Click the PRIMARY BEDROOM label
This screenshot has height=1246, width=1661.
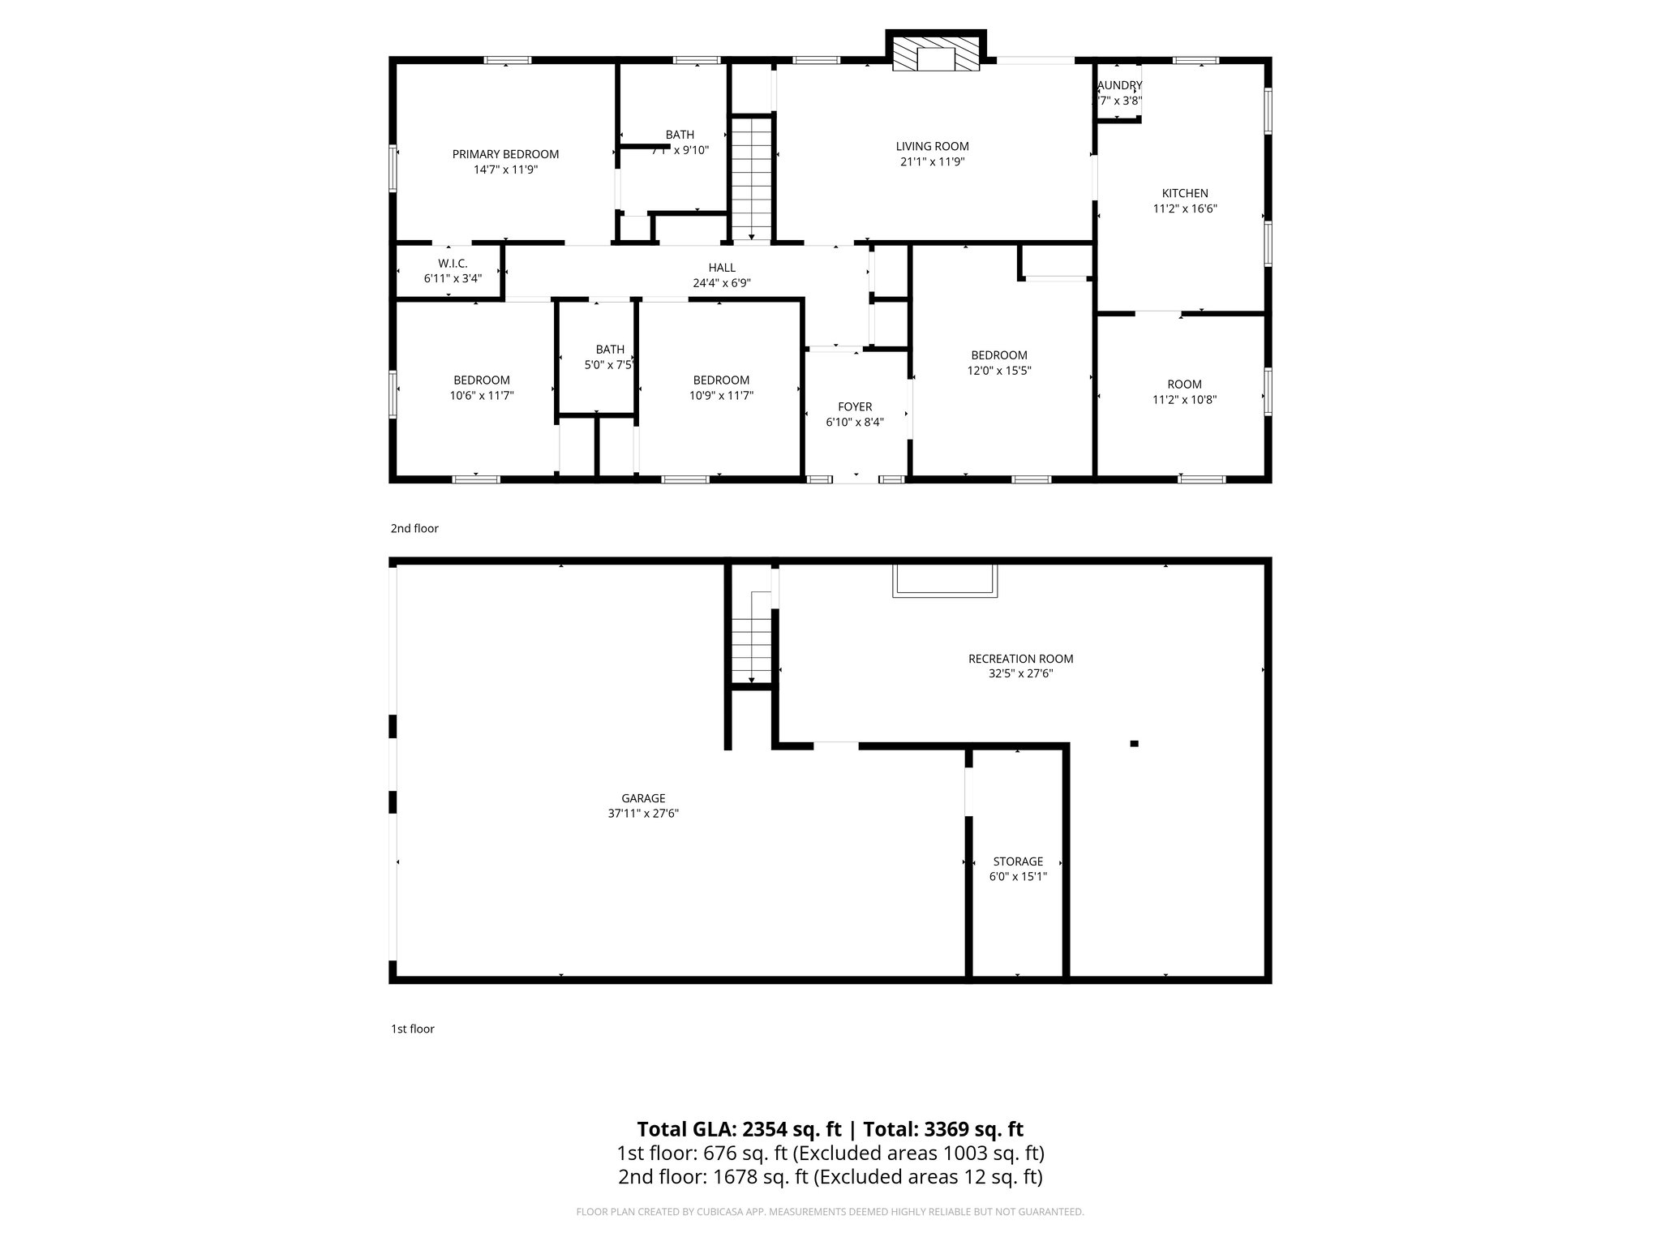[x=505, y=154]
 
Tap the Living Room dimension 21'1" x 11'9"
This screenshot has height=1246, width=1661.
[x=932, y=161]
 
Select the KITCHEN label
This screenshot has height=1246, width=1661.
[x=1185, y=193]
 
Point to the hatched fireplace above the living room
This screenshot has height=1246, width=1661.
[x=936, y=54]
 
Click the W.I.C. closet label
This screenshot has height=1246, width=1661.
[x=453, y=264]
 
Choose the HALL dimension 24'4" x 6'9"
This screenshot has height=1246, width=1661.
[x=722, y=283]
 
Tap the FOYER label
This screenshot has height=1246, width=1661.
[x=855, y=406]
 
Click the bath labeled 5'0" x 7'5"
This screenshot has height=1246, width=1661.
[x=610, y=365]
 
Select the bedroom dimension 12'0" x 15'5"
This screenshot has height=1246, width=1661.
[x=999, y=371]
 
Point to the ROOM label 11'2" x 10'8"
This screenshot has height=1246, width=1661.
[x=1184, y=385]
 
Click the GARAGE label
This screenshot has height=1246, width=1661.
[x=643, y=798]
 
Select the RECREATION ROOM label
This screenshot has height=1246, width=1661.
[x=1020, y=659]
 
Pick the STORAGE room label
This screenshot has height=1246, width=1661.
[x=1018, y=861]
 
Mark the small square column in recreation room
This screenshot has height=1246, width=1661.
[x=1134, y=743]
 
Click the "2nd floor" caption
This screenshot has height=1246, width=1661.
[x=414, y=528]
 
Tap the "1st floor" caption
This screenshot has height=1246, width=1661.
[x=413, y=1029]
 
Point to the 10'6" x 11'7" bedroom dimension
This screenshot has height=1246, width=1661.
[x=482, y=396]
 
